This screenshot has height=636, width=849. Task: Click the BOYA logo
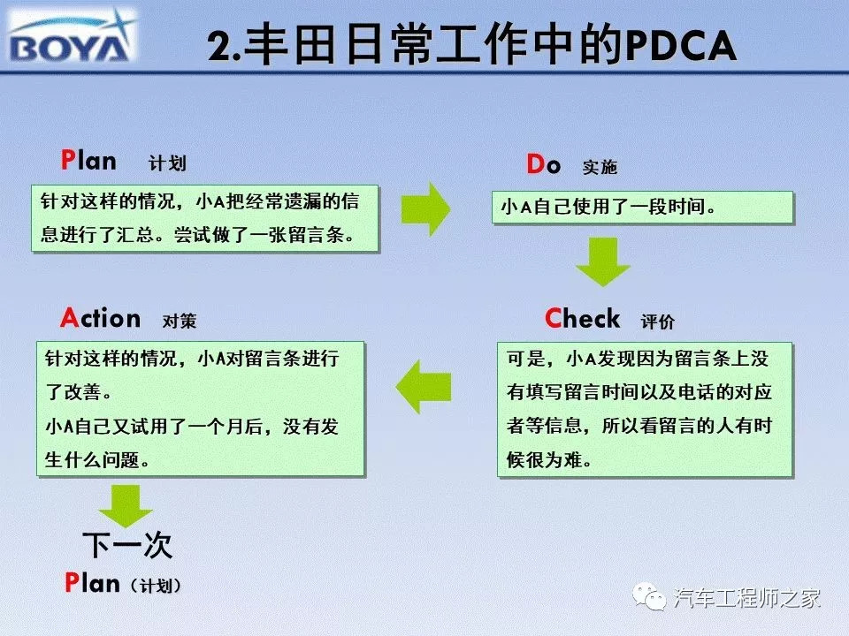click(x=73, y=36)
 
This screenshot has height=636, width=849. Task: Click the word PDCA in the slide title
click(x=681, y=45)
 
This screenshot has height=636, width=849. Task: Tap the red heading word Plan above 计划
click(x=88, y=161)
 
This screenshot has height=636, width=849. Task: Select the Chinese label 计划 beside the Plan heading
click(x=167, y=163)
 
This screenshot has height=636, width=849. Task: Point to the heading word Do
click(x=544, y=164)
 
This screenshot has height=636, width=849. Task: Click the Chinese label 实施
click(x=600, y=167)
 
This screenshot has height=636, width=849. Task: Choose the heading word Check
click(x=582, y=318)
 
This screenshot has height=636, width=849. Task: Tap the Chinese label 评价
click(x=657, y=322)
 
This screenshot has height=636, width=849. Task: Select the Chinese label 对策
click(x=180, y=321)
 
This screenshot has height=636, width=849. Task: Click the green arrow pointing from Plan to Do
click(x=425, y=208)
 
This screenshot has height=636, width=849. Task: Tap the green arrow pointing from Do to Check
click(x=602, y=261)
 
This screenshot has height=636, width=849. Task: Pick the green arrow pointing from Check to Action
click(x=424, y=387)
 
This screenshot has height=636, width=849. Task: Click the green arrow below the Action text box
click(x=126, y=505)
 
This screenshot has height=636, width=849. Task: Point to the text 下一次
click(x=127, y=545)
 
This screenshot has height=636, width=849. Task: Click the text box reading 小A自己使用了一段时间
click(x=643, y=207)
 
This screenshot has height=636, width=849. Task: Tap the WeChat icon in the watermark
click(x=649, y=597)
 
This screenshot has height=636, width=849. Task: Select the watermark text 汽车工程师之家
click(x=747, y=598)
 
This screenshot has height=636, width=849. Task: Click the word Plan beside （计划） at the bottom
click(x=92, y=583)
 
